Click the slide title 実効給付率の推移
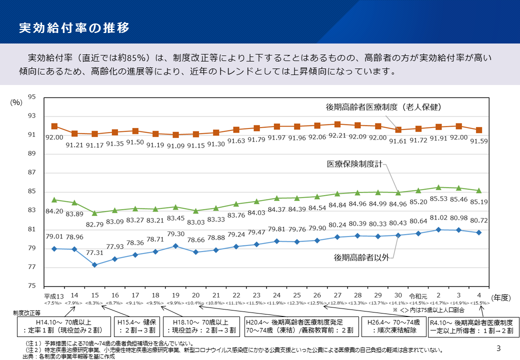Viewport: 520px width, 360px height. pos(74,27)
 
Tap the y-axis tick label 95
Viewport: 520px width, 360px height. pos(31,97)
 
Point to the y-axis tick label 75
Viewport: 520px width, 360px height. pos(31,286)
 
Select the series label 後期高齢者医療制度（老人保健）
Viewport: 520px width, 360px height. pos(383,106)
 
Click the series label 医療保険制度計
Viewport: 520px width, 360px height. pos(357,163)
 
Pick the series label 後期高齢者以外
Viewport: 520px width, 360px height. pos(361,257)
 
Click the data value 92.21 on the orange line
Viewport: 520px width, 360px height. pos(337,135)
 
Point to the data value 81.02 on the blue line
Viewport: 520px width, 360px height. pos(438,217)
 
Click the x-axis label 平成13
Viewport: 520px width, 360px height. pos(53,295)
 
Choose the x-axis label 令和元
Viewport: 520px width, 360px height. pos(418,295)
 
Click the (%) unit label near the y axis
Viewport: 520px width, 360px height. pos(16,102)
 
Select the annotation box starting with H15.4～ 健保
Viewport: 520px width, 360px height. pos(136,326)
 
